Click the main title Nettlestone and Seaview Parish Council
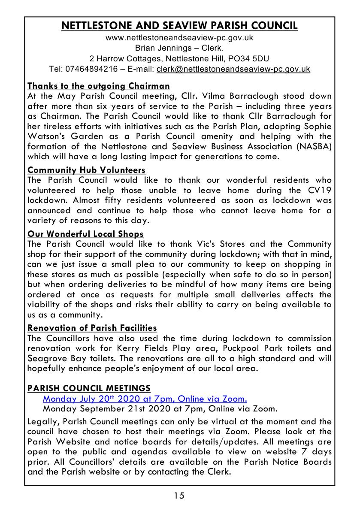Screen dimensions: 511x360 point(180,26)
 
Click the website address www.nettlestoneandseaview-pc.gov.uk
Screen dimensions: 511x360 point(179,38)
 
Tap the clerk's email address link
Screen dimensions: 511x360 point(233,69)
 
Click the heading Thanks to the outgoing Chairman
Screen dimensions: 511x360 point(99,86)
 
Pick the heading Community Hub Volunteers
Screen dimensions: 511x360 point(86,170)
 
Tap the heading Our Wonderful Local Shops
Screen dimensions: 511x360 point(85,234)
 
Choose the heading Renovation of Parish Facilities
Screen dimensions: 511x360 point(92,328)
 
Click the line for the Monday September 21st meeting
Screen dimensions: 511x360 point(160,408)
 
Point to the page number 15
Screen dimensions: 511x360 point(179,496)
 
